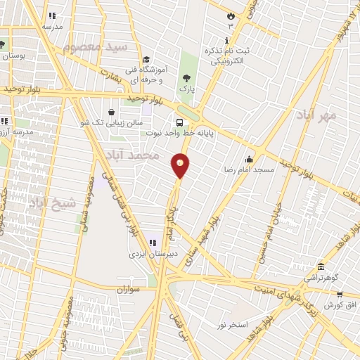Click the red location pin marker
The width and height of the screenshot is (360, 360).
pos(181,165)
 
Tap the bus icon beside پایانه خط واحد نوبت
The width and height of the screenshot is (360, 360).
pos(180,121)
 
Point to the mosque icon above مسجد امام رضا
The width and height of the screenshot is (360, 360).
pos(249,159)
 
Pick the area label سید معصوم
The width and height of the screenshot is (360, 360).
pos(95,47)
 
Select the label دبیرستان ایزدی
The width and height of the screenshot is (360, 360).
pos(152,254)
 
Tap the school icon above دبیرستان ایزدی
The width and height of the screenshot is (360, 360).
pos(152,243)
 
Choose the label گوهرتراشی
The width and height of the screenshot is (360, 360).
pos(321,278)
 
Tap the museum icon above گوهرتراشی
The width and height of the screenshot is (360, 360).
pos(321,266)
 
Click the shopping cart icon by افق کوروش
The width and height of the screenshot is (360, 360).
pos(339,295)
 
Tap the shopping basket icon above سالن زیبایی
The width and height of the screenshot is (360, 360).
pos(112,111)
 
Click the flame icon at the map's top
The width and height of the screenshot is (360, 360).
pos(229,15)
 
